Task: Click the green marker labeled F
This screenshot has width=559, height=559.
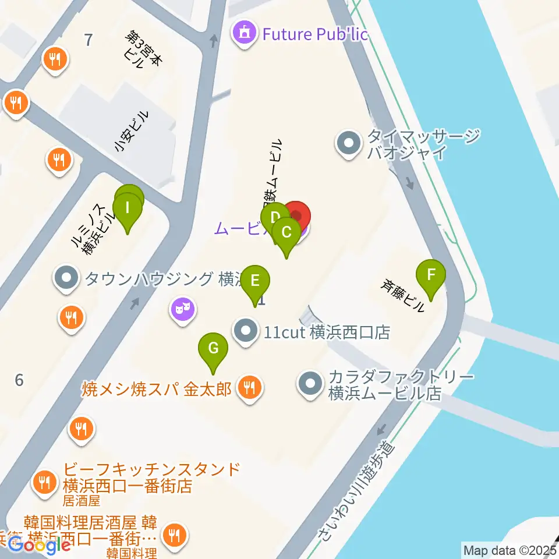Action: pyautogui.click(x=431, y=275)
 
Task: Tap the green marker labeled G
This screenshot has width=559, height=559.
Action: pyautogui.click(x=213, y=349)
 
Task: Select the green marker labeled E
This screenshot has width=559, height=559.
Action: pyautogui.click(x=255, y=281)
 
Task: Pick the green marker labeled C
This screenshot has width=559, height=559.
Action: pyautogui.click(x=286, y=232)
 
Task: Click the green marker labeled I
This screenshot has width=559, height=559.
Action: pyautogui.click(x=128, y=207)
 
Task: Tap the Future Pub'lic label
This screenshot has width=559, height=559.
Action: pyautogui.click(x=315, y=34)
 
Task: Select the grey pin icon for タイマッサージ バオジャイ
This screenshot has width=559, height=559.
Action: pyautogui.click(x=349, y=143)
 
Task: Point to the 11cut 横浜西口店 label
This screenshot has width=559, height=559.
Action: pyautogui.click(x=326, y=332)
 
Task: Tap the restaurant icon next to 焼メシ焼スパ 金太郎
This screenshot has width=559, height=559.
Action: pyautogui.click(x=250, y=388)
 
